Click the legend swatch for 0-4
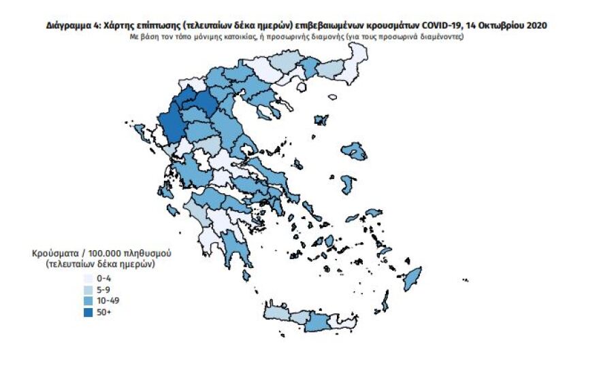coord(88,278)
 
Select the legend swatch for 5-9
coord(88,290)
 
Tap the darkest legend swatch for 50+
coord(88,313)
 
